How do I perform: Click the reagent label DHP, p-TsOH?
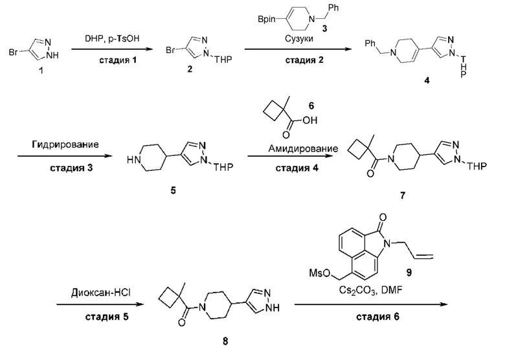click(x=112, y=39)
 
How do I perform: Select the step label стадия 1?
click(x=118, y=60)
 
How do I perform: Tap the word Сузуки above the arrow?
click(x=298, y=39)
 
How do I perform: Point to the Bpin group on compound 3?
click(x=267, y=19)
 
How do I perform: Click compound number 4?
click(x=427, y=80)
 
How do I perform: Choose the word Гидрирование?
click(x=65, y=144)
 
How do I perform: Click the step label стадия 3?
click(x=71, y=168)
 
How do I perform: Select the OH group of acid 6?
click(x=310, y=120)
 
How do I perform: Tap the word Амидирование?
click(x=304, y=148)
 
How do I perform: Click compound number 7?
click(x=402, y=195)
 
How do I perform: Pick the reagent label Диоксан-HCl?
click(x=101, y=293)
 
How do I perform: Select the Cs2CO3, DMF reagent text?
click(x=370, y=291)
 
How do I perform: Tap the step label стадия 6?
click(x=377, y=317)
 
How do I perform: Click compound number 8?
click(x=225, y=341)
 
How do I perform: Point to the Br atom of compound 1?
click(x=14, y=52)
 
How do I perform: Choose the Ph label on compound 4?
click(x=370, y=43)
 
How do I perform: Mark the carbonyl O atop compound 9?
click(x=383, y=218)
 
